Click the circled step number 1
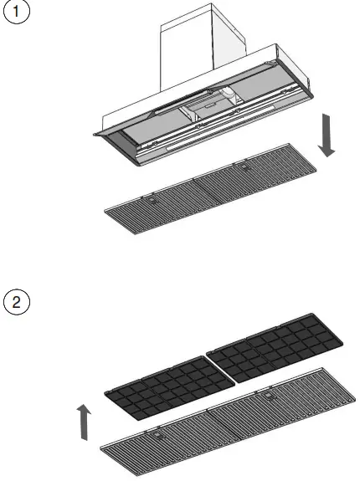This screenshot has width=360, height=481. point(17,16)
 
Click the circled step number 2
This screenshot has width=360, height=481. point(17,301)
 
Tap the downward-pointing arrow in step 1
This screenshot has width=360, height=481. point(327,139)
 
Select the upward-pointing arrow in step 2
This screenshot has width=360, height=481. point(81,421)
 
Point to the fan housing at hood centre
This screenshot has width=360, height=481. point(211,106)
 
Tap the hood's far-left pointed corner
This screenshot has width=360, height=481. point(95,131)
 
